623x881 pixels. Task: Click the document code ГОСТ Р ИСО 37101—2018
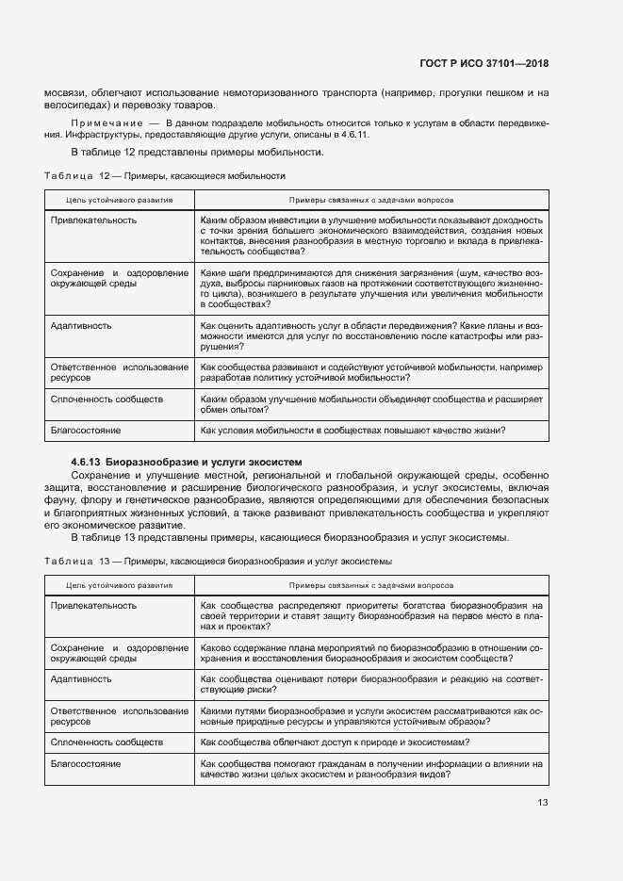click(484, 63)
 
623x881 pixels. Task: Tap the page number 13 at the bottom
click(542, 803)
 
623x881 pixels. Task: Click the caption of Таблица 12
click(165, 176)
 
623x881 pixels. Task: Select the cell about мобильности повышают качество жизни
click(353, 431)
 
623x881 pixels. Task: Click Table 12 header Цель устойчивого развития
click(119, 201)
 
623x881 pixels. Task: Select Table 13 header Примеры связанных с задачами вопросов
click(370, 585)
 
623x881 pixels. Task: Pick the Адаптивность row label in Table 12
click(81, 326)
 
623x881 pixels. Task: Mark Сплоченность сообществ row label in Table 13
click(107, 742)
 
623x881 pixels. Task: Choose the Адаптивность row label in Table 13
click(81, 678)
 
